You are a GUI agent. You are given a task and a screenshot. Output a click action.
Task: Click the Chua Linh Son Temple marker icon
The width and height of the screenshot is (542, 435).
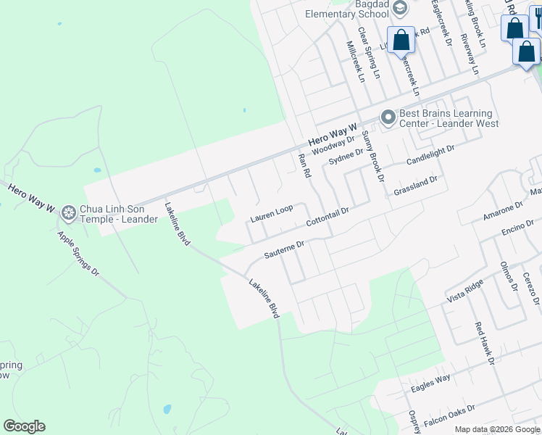tap(69, 213)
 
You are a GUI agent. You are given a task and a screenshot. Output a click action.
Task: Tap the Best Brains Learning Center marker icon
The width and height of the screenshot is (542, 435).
tap(388, 117)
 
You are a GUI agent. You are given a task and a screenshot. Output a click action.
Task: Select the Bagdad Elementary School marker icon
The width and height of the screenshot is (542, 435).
tap(401, 8)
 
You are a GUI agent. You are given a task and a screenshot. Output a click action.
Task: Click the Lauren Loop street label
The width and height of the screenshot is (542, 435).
tap(272, 213)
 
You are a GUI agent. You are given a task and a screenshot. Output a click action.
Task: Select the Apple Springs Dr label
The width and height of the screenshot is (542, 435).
tap(78, 253)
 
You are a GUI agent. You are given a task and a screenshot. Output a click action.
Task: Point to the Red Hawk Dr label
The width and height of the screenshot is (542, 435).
tap(484, 344)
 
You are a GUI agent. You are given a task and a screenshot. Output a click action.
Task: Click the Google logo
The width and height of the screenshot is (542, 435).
tap(24, 426)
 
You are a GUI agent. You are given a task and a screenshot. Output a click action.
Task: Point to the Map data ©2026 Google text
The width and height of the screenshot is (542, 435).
tap(497, 429)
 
